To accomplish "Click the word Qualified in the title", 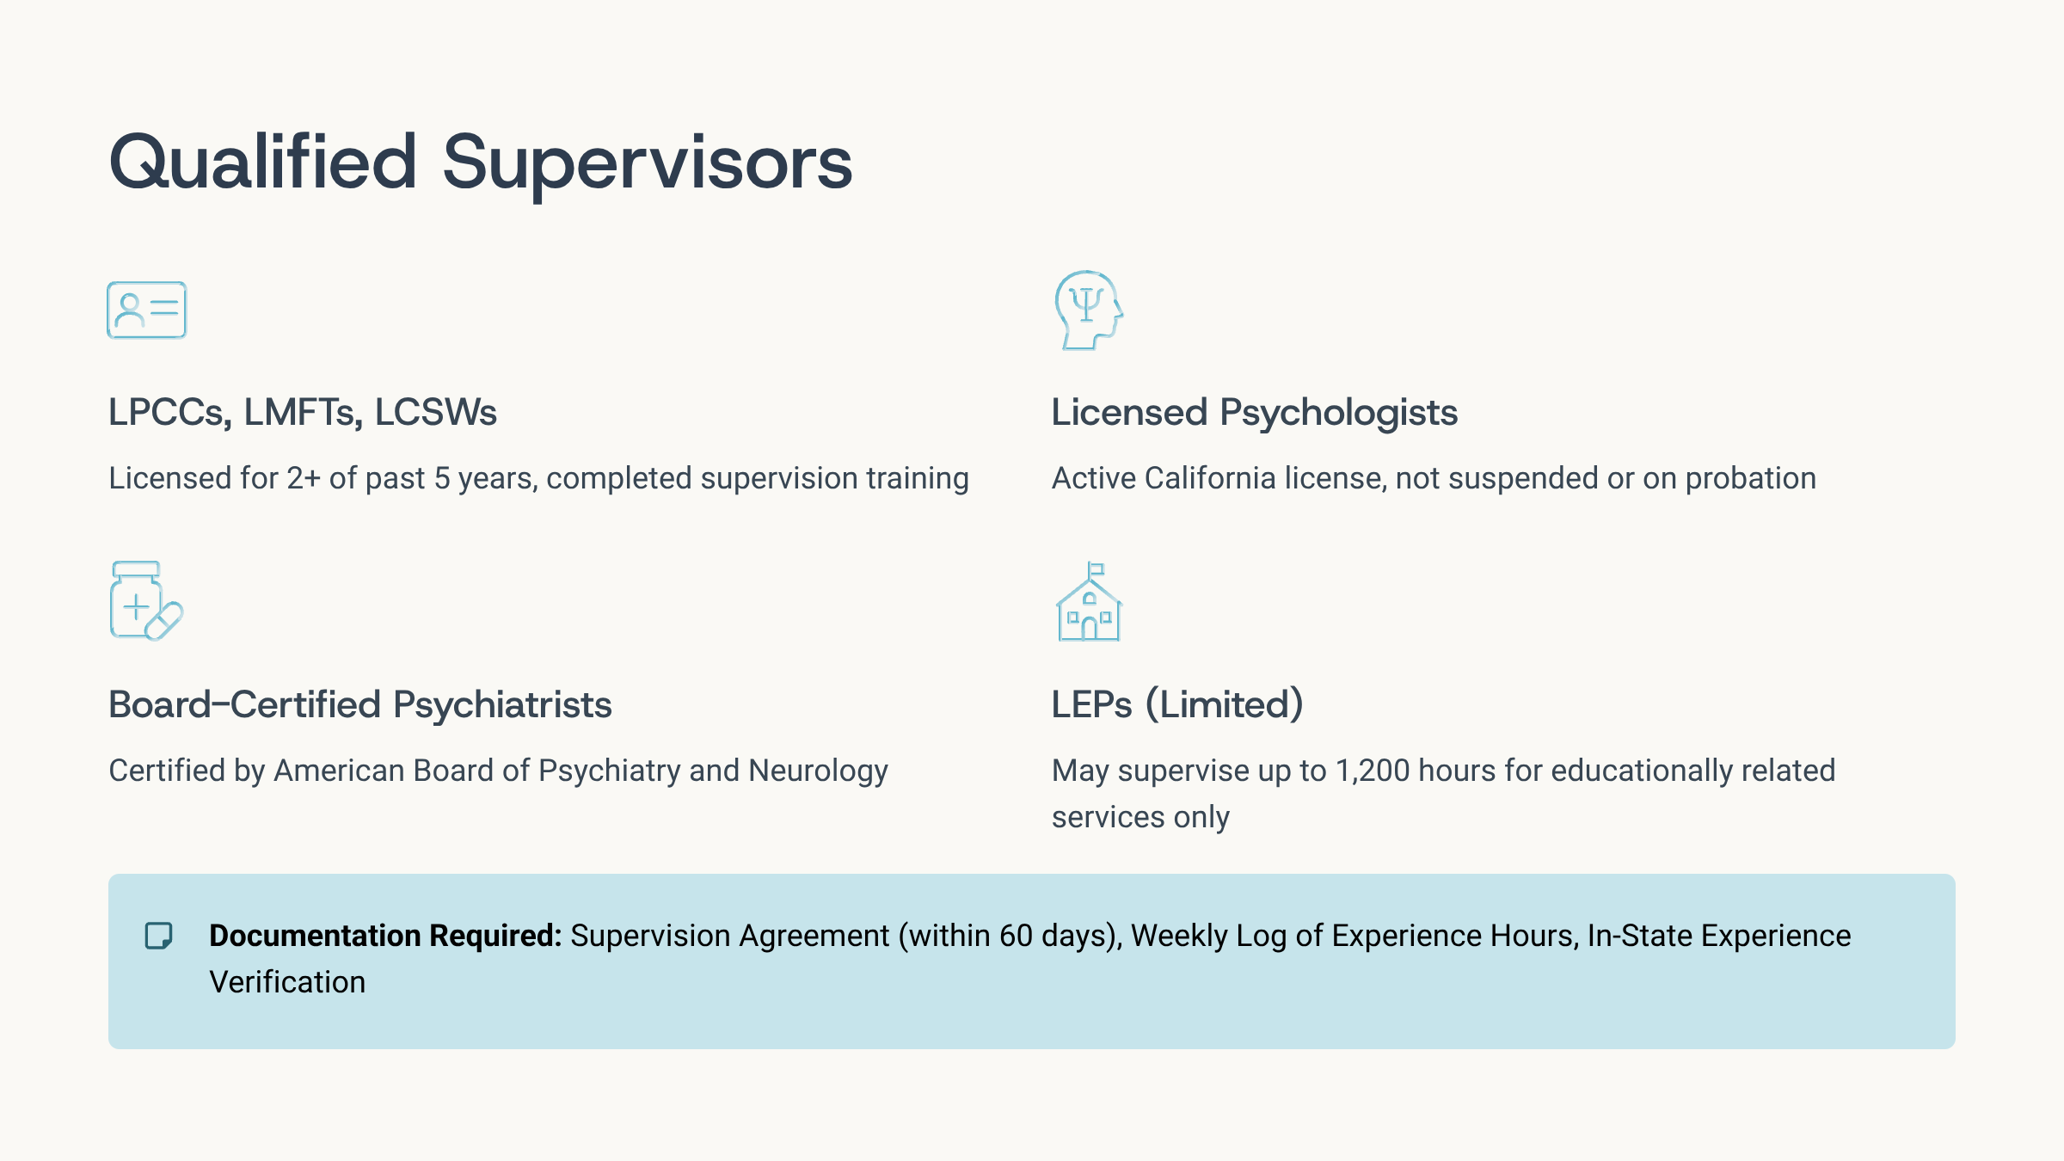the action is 263,163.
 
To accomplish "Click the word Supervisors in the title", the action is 648,163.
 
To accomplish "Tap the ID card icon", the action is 147,310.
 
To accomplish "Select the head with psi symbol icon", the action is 1089,310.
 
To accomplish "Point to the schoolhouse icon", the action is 1090,601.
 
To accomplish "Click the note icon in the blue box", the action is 159,936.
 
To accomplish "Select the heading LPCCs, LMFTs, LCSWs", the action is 303,413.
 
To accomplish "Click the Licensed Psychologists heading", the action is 1255,413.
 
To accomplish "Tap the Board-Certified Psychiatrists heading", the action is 360,705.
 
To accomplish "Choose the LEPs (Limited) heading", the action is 1177,705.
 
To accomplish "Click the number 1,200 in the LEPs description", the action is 1373,771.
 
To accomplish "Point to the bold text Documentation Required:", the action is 385,936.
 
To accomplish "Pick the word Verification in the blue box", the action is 287,982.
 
